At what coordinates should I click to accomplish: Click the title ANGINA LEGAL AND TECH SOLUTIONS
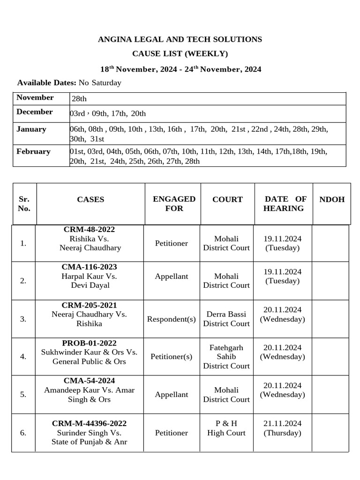pyautogui.click(x=180, y=39)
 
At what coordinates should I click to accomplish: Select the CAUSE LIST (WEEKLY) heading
pyautogui.click(x=180, y=54)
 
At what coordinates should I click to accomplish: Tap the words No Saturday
pyautogui.click(x=100, y=83)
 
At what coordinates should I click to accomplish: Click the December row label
pyautogui.click(x=35, y=112)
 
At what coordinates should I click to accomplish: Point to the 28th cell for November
pyautogui.click(x=79, y=99)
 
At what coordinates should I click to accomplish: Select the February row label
pyautogui.click(x=33, y=151)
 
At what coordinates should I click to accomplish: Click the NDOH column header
pyautogui.click(x=332, y=199)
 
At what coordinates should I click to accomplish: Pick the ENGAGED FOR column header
pyautogui.click(x=174, y=204)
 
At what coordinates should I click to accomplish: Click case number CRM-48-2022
pyautogui.click(x=89, y=229)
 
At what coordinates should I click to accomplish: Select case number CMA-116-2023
pyautogui.click(x=89, y=267)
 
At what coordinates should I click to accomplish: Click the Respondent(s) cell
pyautogui.click(x=172, y=319)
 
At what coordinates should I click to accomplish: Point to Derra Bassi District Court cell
pyautogui.click(x=226, y=319)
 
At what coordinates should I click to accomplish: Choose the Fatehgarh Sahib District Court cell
pyautogui.click(x=226, y=357)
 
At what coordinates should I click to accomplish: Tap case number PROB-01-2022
pyautogui.click(x=89, y=343)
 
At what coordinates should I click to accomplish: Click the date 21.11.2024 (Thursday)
pyautogui.click(x=283, y=428)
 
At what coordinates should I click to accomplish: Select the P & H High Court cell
pyautogui.click(x=226, y=428)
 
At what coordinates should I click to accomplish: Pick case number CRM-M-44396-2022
pyautogui.click(x=89, y=423)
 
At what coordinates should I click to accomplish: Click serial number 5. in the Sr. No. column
pyautogui.click(x=23, y=395)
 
